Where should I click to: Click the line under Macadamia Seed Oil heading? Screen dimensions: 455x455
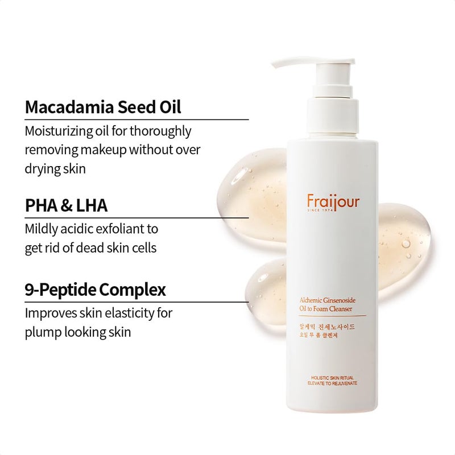pyautogui.click(x=136, y=119)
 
